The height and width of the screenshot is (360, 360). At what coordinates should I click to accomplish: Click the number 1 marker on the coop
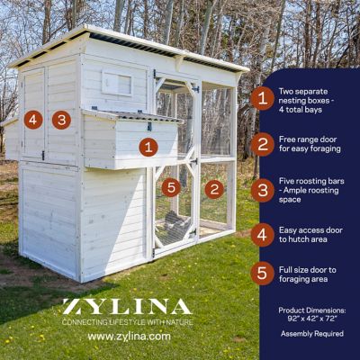148,147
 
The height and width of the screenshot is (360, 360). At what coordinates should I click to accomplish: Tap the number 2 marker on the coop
214,189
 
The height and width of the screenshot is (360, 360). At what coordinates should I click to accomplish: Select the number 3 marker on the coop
61,120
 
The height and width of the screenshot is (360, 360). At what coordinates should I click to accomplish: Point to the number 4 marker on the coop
33,120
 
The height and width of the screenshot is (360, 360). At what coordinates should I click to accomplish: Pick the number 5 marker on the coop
171,187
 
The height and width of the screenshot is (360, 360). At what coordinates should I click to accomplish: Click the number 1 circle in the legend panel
262,98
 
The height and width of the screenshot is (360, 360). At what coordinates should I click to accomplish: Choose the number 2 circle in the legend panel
262,144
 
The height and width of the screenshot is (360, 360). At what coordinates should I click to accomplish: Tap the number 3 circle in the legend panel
262,190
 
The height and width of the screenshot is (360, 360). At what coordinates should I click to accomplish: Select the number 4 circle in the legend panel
262,235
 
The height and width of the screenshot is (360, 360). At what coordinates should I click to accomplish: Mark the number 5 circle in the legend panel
262,273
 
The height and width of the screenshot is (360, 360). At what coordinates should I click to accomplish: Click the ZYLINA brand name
126,307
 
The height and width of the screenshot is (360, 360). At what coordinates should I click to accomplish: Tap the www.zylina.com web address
129,337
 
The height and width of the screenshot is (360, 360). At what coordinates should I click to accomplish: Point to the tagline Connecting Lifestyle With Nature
127,321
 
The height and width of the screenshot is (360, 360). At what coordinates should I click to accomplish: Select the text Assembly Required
311,334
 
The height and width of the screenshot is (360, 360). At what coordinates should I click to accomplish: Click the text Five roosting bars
310,181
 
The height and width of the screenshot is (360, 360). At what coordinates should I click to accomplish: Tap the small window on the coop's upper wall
116,84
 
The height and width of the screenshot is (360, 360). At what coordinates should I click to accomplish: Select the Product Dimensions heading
311,309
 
